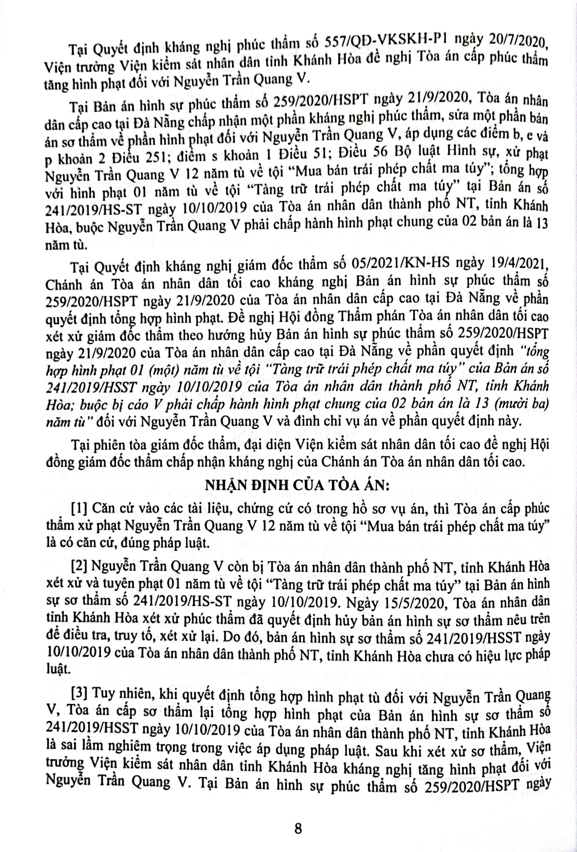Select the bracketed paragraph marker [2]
click(x=79, y=568)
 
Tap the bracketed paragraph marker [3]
click(x=79, y=694)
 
